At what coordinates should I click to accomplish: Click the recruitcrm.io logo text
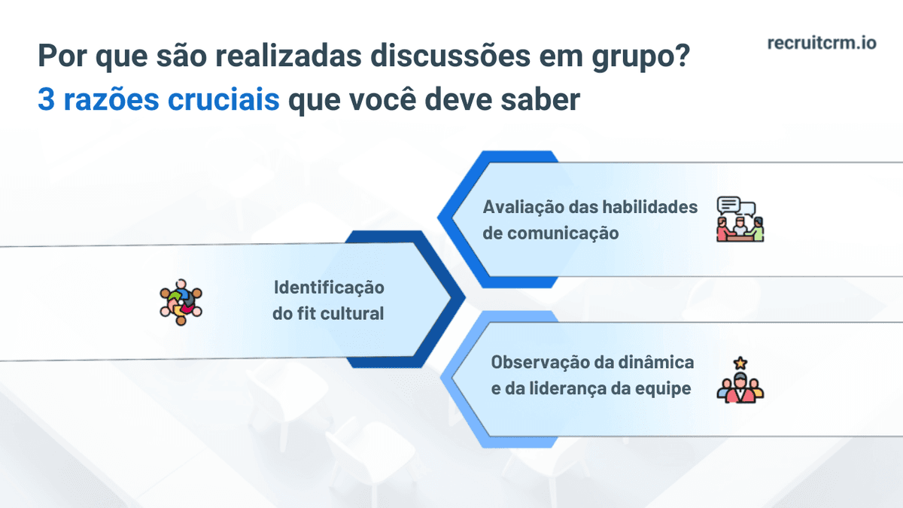click(x=822, y=43)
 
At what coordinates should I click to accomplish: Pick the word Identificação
click(x=328, y=287)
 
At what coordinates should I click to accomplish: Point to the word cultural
click(x=352, y=314)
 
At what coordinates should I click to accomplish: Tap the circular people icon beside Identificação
click(x=181, y=301)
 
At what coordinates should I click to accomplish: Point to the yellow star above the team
click(x=740, y=363)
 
